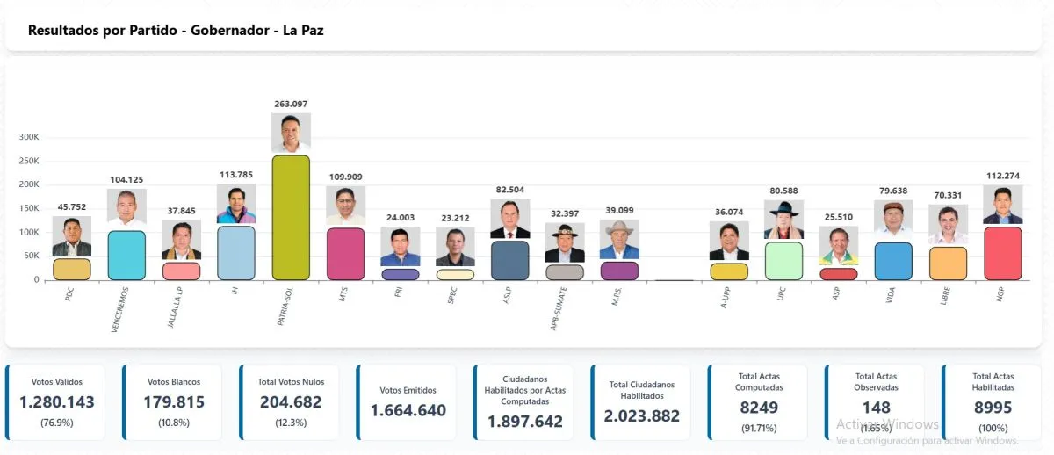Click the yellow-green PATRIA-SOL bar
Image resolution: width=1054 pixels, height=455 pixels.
click(x=291, y=218)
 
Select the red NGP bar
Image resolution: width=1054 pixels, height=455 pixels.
click(x=1003, y=254)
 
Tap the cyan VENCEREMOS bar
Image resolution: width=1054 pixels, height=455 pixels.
click(x=127, y=256)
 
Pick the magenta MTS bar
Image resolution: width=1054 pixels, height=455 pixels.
click(x=345, y=254)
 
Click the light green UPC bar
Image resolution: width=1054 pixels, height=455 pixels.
click(x=783, y=261)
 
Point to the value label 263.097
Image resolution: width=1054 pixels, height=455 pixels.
click(x=291, y=104)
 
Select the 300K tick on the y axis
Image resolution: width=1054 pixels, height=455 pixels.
click(x=29, y=137)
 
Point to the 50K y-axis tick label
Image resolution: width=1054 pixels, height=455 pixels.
click(x=31, y=256)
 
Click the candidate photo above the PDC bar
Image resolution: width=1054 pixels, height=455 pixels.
click(x=72, y=235)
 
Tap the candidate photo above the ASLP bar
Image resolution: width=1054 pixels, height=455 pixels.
click(x=509, y=220)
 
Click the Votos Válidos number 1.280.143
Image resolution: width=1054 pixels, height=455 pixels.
click(x=56, y=402)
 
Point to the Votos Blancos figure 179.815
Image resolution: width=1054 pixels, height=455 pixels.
click(x=174, y=402)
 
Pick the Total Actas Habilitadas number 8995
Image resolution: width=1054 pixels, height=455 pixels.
click(x=993, y=408)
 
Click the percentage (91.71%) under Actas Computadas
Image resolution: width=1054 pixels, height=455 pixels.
click(x=759, y=428)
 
